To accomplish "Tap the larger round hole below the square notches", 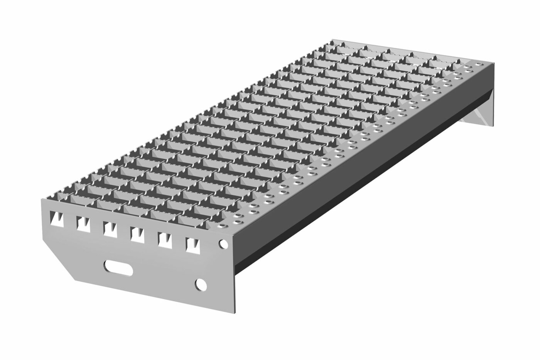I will click(x=200, y=284).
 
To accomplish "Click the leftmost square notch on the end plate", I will click(x=55, y=219).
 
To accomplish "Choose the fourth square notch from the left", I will click(x=137, y=233).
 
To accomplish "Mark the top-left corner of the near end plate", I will click(x=42, y=200).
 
